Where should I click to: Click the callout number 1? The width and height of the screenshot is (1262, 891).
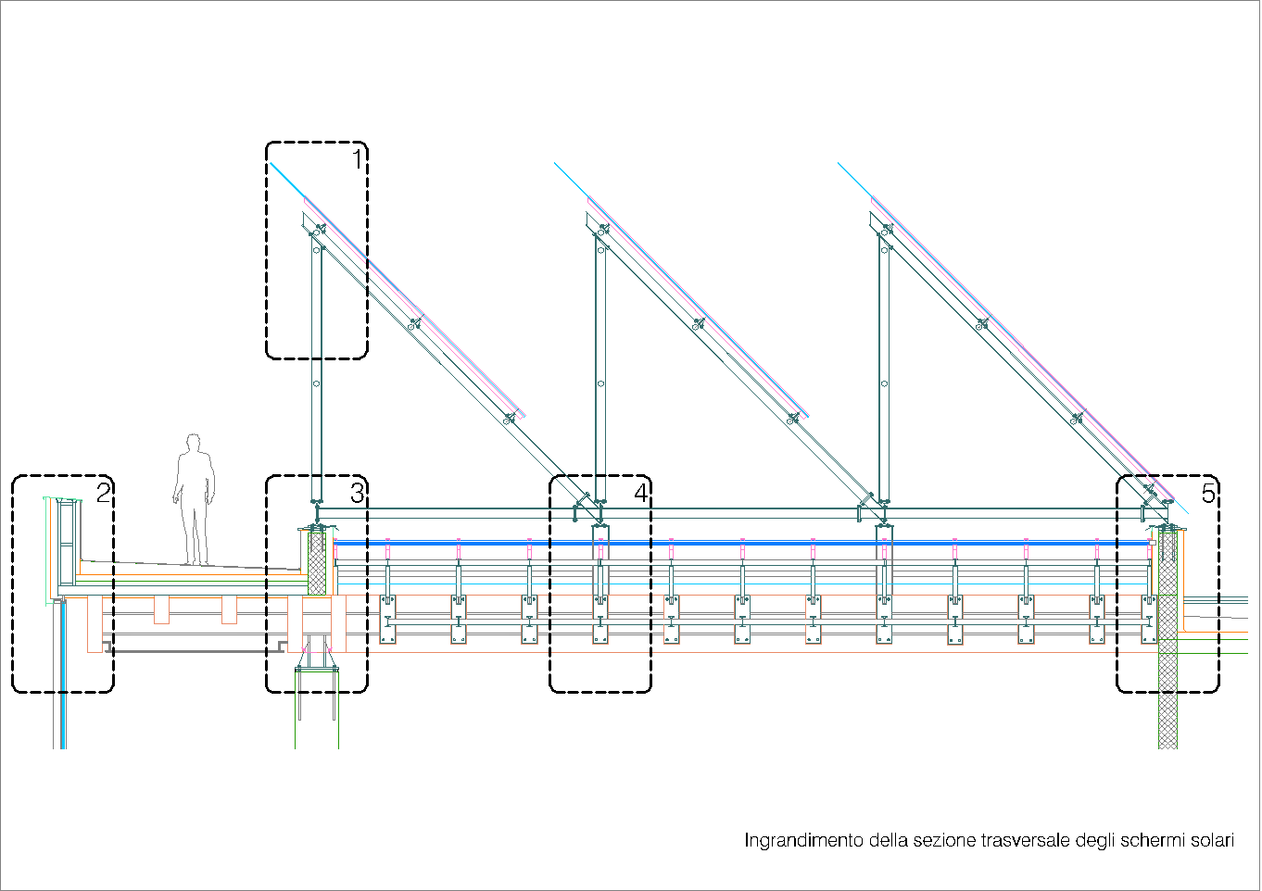point(358,159)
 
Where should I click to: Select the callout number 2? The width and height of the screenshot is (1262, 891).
point(104,492)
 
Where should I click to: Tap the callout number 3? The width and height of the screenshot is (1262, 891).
point(358,492)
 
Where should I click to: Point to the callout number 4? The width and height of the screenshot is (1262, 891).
point(641,492)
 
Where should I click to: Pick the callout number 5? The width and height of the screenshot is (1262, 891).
point(1208,492)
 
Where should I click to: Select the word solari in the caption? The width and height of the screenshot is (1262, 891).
point(1212,841)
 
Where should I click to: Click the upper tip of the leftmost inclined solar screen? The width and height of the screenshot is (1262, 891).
point(271,164)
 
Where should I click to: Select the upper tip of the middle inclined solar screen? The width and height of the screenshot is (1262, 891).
point(556,164)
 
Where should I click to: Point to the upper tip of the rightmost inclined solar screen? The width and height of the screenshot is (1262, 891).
point(839,164)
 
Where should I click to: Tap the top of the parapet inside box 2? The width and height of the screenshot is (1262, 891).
point(63,500)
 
